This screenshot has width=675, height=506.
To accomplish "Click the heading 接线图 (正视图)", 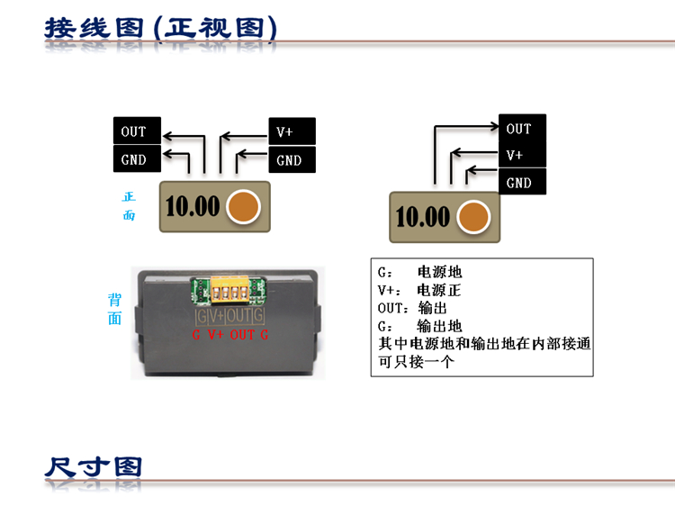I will (160, 27).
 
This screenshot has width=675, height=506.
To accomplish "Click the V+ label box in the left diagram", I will (292, 131).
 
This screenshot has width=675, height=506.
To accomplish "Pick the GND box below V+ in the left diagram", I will (292, 160).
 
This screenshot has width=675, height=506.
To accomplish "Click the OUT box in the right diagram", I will (522, 129).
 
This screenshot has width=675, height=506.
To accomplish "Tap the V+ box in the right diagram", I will (522, 155).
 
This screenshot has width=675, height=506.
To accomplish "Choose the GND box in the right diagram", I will (522, 183).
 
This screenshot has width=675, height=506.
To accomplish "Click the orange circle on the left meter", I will (243, 206).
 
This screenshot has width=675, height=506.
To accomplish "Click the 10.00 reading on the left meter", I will (193, 206).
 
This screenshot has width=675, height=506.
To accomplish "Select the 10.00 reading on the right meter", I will (422, 217).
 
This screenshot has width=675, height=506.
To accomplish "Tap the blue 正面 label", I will (129, 205).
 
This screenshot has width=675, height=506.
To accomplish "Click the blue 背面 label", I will (114, 309).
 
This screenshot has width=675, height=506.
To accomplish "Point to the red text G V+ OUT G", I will (230, 335).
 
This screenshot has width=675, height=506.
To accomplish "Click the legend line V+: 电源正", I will (419, 290).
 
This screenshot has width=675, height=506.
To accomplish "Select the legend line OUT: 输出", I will (413, 308).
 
